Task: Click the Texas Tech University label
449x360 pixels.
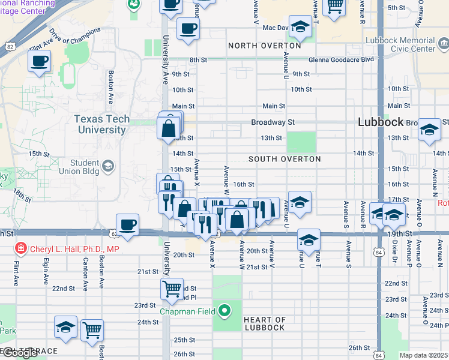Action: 102,124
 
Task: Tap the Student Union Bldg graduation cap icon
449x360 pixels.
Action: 108,166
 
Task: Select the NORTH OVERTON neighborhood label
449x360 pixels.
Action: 264,46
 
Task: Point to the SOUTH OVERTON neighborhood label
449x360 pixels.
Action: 285,159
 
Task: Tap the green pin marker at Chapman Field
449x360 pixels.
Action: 224,311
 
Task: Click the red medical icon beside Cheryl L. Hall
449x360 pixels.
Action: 21,248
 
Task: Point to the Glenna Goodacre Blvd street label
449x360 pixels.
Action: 341,60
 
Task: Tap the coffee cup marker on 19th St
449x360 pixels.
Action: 128,225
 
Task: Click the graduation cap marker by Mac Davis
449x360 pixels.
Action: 300,27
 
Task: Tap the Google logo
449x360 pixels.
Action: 19,353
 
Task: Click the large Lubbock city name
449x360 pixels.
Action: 381,122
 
